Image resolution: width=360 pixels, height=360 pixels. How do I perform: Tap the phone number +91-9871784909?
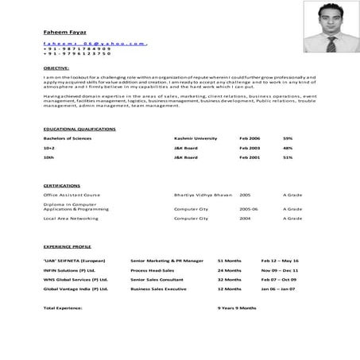point(78,48)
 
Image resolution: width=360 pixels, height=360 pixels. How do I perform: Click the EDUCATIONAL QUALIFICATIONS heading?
point(79,128)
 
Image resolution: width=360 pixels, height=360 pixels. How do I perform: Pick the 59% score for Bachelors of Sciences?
point(288,138)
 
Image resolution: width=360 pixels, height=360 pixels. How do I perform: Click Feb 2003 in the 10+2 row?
point(250,148)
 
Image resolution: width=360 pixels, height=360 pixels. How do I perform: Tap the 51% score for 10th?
point(288,157)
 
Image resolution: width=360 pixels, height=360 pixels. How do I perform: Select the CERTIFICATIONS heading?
point(61,185)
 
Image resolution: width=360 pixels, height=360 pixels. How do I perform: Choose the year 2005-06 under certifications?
point(249,208)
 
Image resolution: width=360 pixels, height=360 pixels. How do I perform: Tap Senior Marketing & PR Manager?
point(167,261)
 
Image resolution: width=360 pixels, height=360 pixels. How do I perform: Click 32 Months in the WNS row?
point(230,279)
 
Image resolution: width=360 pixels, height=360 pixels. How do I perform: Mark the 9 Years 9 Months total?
point(238,307)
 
